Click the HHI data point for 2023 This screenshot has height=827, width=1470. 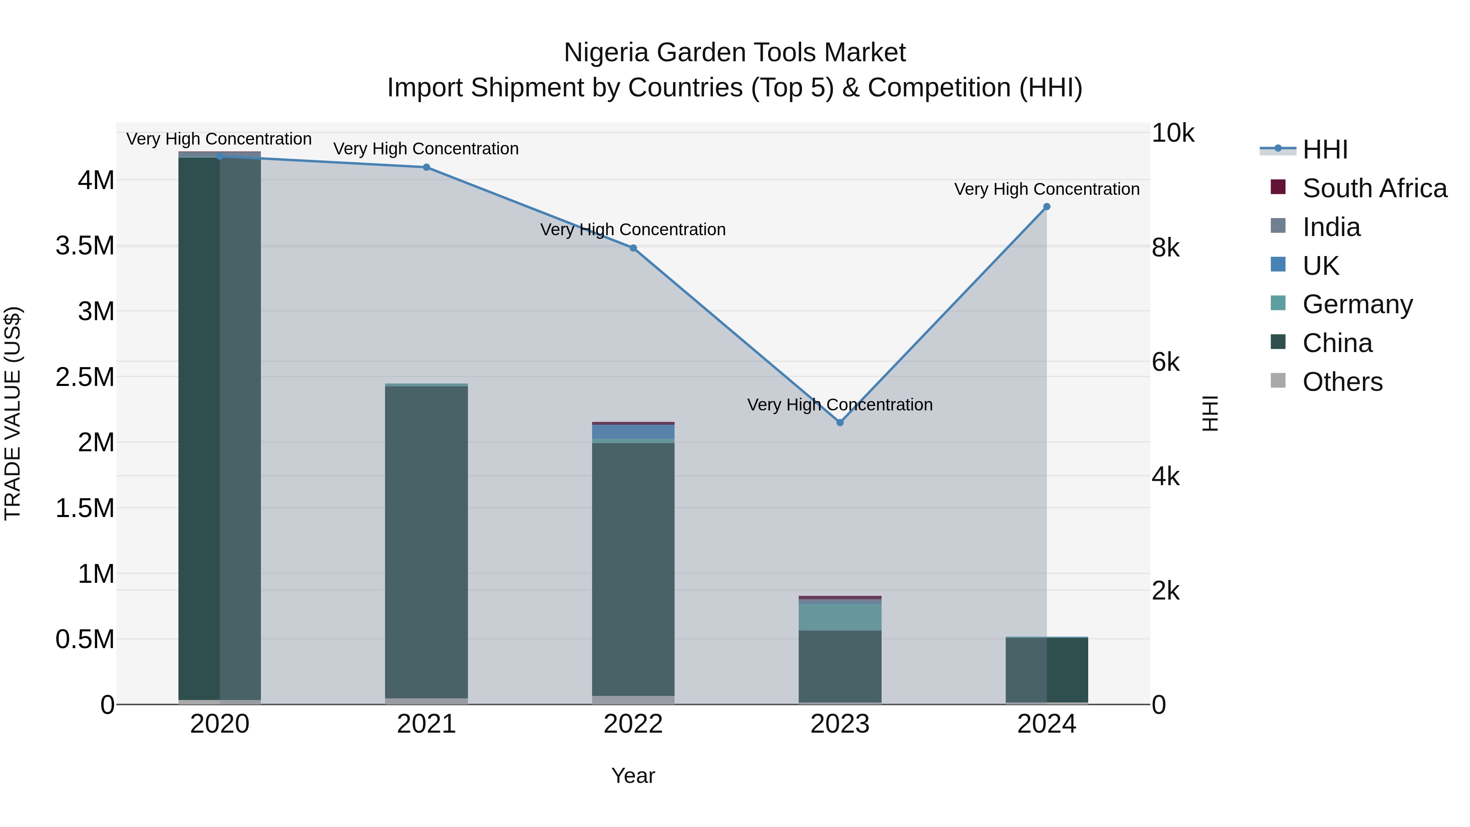[840, 422]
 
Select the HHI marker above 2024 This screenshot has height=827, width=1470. [1046, 207]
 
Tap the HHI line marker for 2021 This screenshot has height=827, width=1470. [426, 167]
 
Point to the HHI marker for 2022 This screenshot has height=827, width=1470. [633, 248]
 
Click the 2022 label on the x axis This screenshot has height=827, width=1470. [633, 724]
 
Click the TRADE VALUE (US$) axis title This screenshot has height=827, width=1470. [13, 413]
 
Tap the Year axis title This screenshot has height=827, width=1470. [633, 776]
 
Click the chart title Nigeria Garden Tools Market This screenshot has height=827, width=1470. [735, 53]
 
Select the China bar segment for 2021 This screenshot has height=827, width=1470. [426, 542]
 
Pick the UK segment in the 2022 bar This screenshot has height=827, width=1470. [633, 432]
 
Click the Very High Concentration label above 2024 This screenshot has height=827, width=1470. [1047, 189]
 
